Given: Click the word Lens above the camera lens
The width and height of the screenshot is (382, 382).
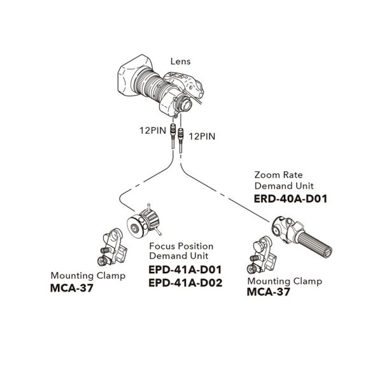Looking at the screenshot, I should (181, 62).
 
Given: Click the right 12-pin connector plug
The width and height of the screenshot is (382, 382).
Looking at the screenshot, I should (183, 136).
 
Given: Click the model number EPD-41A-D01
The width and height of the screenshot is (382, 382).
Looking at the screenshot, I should (185, 269).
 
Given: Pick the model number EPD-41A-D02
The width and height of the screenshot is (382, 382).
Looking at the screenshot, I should (185, 283).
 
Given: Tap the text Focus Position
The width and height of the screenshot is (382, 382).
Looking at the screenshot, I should (181, 246).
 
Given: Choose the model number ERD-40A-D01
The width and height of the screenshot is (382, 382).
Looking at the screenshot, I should (290, 199).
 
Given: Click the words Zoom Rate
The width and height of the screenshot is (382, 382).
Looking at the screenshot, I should (278, 174).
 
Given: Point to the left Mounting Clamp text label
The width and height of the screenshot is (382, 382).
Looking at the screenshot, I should (88, 276).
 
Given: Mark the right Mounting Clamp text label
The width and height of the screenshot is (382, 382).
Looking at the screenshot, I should (284, 281).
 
